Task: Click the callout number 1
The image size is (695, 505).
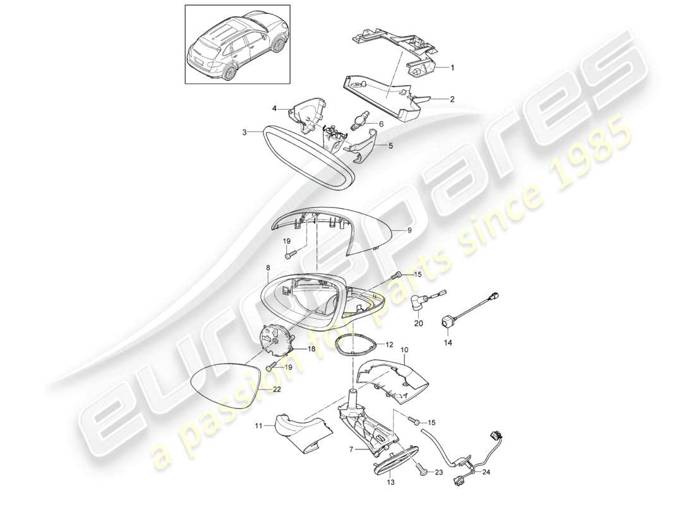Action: point(451,67)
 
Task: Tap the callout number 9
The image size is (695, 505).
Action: point(408,231)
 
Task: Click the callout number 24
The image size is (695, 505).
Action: point(486,472)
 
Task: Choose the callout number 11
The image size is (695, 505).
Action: point(258,426)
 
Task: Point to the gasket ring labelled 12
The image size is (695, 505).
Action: point(356,345)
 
